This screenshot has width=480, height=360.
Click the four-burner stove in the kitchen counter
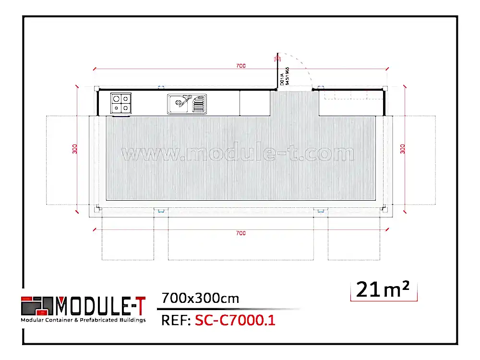(x=121, y=104)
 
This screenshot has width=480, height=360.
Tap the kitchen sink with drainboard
(x=187, y=104)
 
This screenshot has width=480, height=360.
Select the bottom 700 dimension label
(x=241, y=233)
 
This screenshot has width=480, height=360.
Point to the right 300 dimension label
(x=402, y=149)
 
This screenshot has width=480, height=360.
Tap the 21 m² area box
(x=383, y=290)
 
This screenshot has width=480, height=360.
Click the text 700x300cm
(x=200, y=299)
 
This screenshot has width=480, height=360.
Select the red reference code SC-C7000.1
(x=235, y=320)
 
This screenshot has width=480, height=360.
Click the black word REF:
(x=175, y=320)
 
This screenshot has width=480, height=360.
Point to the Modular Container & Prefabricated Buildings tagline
(x=83, y=320)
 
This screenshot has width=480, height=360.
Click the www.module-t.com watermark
(x=239, y=154)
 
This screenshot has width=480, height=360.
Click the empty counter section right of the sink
(x=254, y=104)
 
